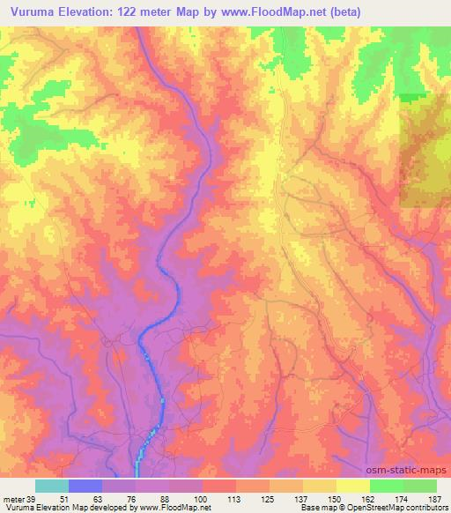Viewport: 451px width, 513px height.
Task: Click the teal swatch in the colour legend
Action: point(52,485)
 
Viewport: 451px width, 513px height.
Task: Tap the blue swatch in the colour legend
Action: point(85,485)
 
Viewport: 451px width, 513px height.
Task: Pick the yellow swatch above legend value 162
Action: point(353,485)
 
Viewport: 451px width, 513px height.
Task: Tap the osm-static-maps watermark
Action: point(407,472)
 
